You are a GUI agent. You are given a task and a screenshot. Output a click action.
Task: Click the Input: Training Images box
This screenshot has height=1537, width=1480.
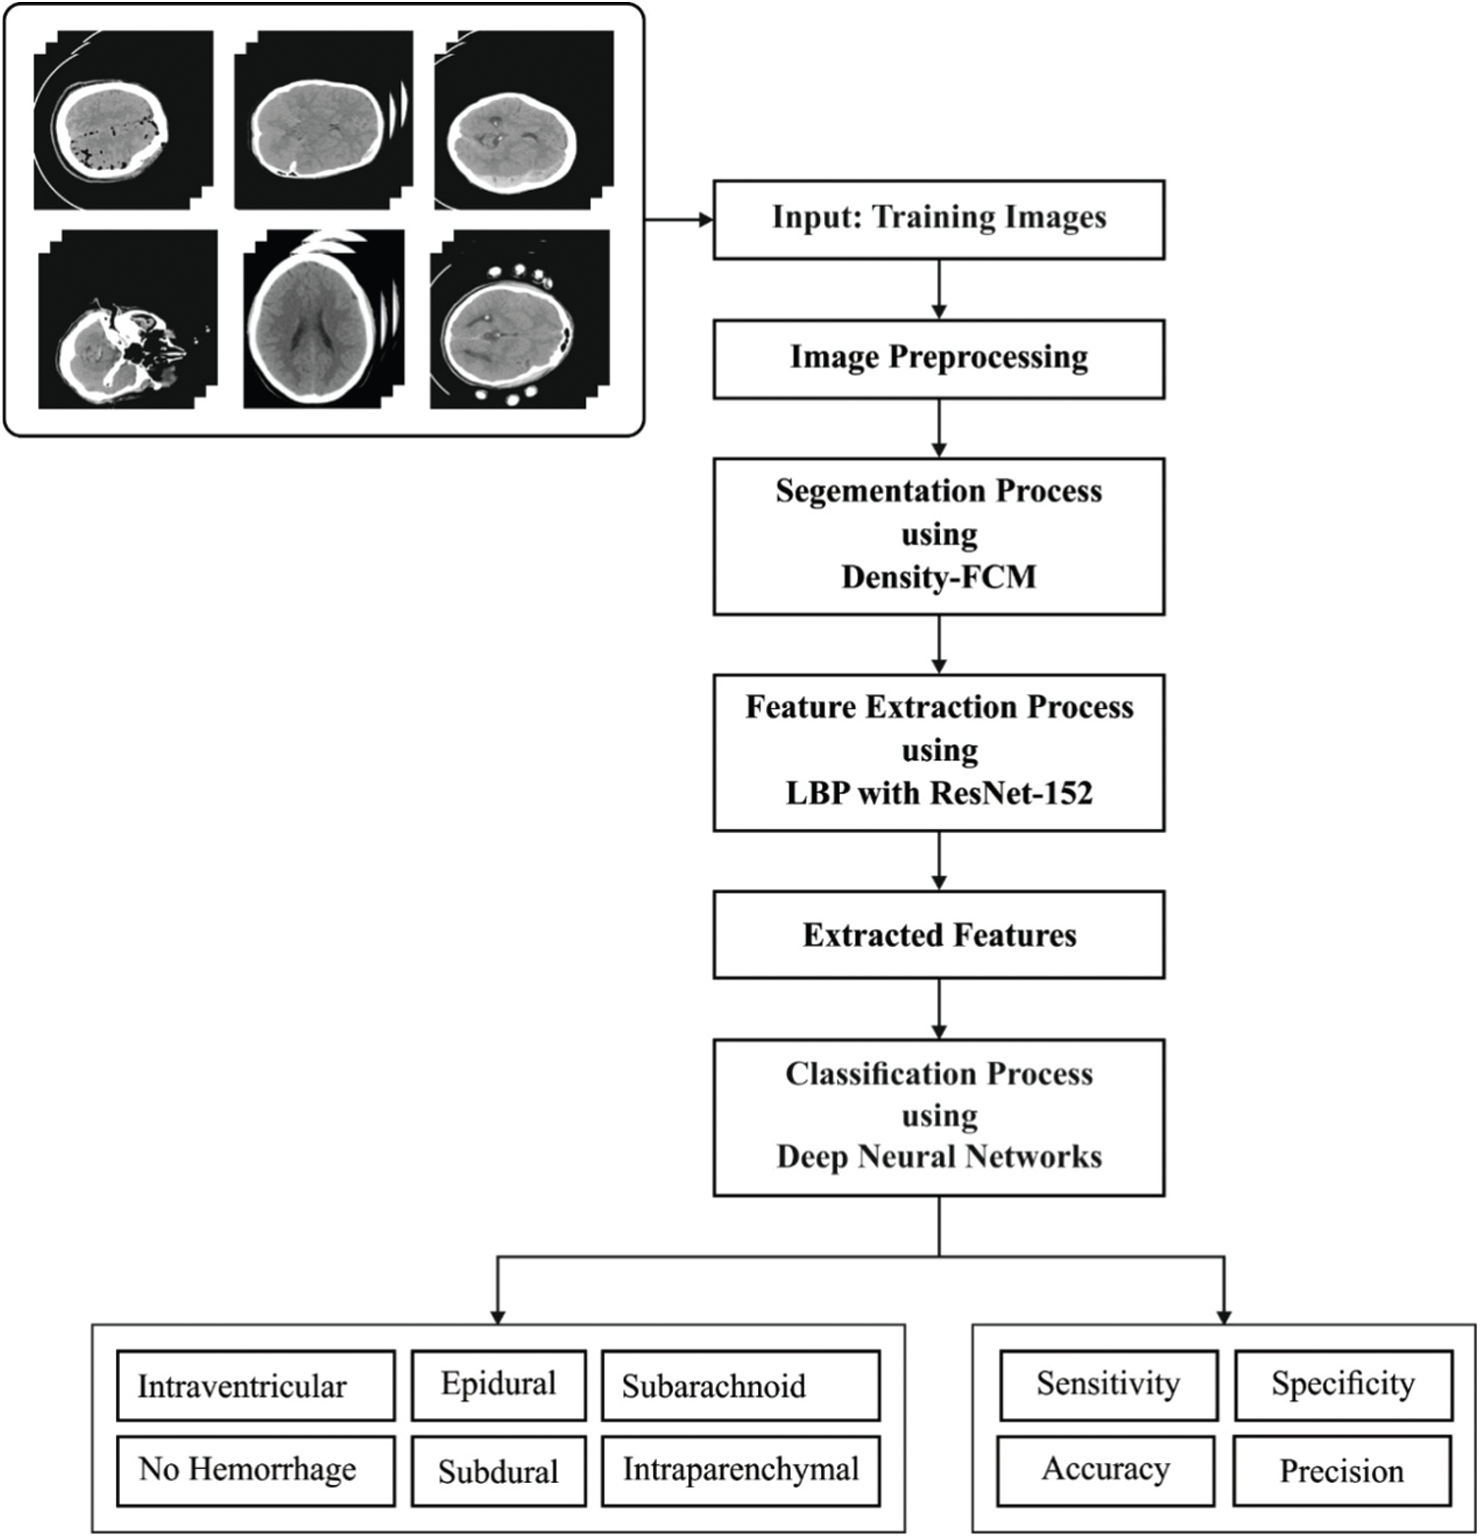tap(939, 219)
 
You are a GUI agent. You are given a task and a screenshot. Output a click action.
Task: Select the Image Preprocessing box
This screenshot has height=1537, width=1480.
tap(939, 359)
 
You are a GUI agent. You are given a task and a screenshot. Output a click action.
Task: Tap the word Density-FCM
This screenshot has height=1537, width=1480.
tap(939, 576)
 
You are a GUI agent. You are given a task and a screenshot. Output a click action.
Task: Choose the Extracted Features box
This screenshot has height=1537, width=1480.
tap(939, 935)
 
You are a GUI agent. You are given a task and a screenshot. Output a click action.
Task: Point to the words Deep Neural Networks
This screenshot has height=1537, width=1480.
tap(939, 1156)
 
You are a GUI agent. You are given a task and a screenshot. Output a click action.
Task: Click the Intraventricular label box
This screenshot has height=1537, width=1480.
tap(256, 1386)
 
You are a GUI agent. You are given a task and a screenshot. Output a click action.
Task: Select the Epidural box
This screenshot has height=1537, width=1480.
tap(499, 1386)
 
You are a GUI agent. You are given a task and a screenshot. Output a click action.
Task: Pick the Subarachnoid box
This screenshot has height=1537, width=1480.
tap(740, 1386)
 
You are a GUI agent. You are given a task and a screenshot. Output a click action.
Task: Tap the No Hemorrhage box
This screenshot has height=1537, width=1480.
tap(256, 1471)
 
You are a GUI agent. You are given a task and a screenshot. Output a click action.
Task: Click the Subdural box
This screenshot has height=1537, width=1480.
tap(499, 1471)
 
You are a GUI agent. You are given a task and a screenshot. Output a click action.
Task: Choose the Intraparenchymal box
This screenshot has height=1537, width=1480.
tap(740, 1471)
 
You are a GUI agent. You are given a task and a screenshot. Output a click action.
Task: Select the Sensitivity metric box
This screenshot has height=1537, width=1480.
tap(1108, 1386)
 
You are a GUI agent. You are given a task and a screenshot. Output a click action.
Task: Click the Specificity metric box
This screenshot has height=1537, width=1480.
tap(1343, 1386)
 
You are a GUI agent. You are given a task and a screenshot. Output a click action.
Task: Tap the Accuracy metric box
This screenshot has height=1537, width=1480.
tap(1106, 1471)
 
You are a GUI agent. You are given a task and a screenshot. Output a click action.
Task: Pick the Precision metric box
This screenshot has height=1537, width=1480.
tap(1342, 1471)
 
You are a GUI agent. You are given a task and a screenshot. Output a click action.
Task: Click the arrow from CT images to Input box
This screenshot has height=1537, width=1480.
tap(679, 219)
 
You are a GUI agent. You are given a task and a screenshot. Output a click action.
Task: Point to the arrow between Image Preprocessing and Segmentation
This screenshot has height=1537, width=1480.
tap(939, 429)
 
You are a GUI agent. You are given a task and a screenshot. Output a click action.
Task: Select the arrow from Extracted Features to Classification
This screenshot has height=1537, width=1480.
tap(939, 1009)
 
